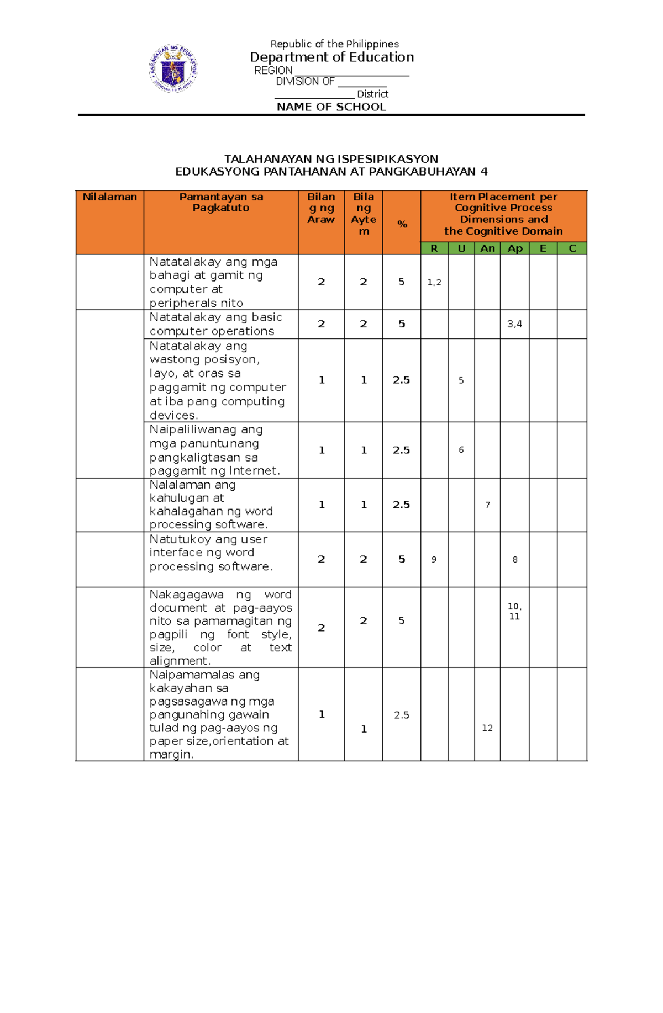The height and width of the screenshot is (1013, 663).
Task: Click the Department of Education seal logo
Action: [173, 68]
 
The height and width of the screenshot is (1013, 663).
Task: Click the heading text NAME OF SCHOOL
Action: [331, 107]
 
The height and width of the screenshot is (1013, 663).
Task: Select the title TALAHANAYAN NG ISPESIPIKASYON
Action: [331, 159]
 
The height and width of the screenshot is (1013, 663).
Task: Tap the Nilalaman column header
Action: [109, 197]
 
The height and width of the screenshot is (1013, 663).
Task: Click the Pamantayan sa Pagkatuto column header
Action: [221, 203]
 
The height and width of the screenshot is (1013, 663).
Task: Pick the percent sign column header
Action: [402, 224]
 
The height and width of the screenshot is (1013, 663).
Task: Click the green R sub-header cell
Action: [434, 248]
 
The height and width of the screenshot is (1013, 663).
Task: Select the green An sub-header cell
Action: [487, 248]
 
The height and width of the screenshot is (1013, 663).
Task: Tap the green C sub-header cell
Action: [572, 248]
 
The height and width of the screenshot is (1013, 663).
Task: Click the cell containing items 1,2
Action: [434, 282]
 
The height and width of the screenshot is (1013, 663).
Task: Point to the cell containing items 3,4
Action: [514, 324]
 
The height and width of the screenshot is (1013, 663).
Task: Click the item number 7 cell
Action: [487, 505]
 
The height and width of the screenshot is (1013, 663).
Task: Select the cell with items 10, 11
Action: [514, 612]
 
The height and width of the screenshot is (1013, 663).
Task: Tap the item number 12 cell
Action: [487, 728]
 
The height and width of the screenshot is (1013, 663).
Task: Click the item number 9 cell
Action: [434, 560]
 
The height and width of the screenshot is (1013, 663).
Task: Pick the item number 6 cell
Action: [461, 450]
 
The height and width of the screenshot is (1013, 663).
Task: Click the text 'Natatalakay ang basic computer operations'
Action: [215, 324]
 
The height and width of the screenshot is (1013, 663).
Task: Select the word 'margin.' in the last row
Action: [171, 755]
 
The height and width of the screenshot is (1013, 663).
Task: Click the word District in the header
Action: [372, 94]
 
